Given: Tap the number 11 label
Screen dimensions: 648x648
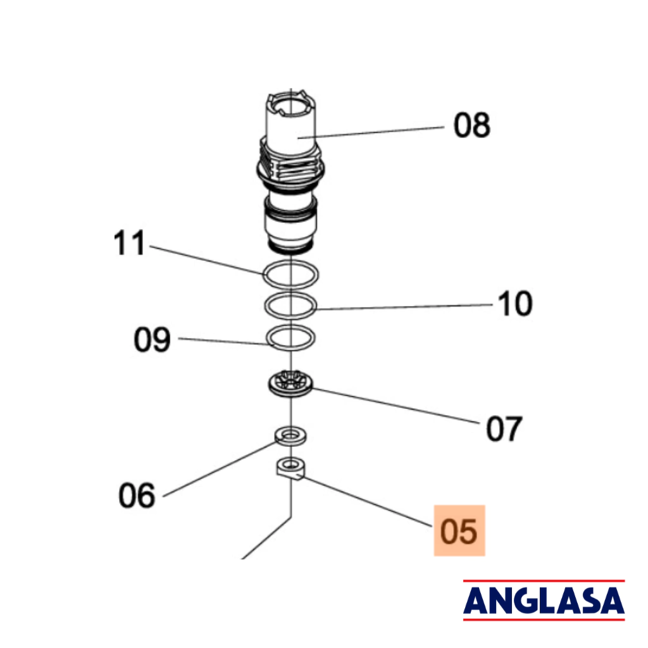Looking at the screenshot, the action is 129,242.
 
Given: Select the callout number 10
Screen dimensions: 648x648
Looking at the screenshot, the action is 515,303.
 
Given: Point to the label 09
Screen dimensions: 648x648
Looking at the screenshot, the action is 152,339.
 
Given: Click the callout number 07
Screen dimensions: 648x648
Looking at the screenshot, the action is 504,428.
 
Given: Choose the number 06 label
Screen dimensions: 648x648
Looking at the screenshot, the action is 137,495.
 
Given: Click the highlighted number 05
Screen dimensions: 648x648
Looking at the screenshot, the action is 459,531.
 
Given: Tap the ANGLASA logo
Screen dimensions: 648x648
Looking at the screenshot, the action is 544,600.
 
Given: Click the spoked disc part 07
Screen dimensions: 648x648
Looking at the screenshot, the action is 290,384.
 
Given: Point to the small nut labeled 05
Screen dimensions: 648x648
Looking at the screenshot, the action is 290,470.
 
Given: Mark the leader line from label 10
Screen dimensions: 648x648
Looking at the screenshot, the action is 404,307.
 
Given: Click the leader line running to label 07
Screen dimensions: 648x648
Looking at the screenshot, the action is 396,406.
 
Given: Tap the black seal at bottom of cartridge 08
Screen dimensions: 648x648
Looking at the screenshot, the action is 290,249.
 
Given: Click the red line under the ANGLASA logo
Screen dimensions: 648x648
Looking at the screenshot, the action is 544,619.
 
